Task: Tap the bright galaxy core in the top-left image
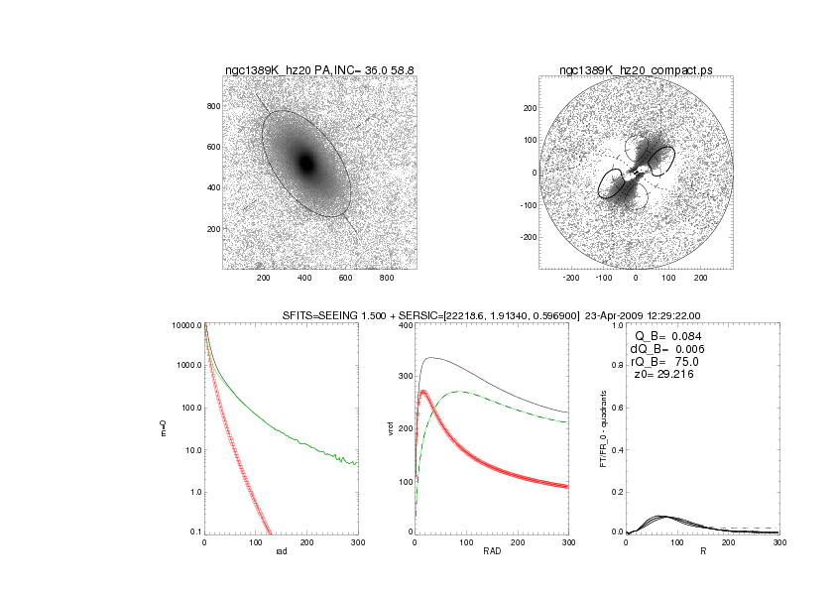[x=306, y=163]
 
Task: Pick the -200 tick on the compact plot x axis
[x=570, y=279]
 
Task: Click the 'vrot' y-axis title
[x=374, y=428]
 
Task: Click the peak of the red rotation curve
[x=423, y=392]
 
